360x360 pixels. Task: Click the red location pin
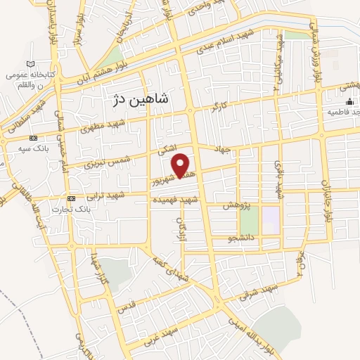point(181,165)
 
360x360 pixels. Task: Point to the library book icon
point(11,75)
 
